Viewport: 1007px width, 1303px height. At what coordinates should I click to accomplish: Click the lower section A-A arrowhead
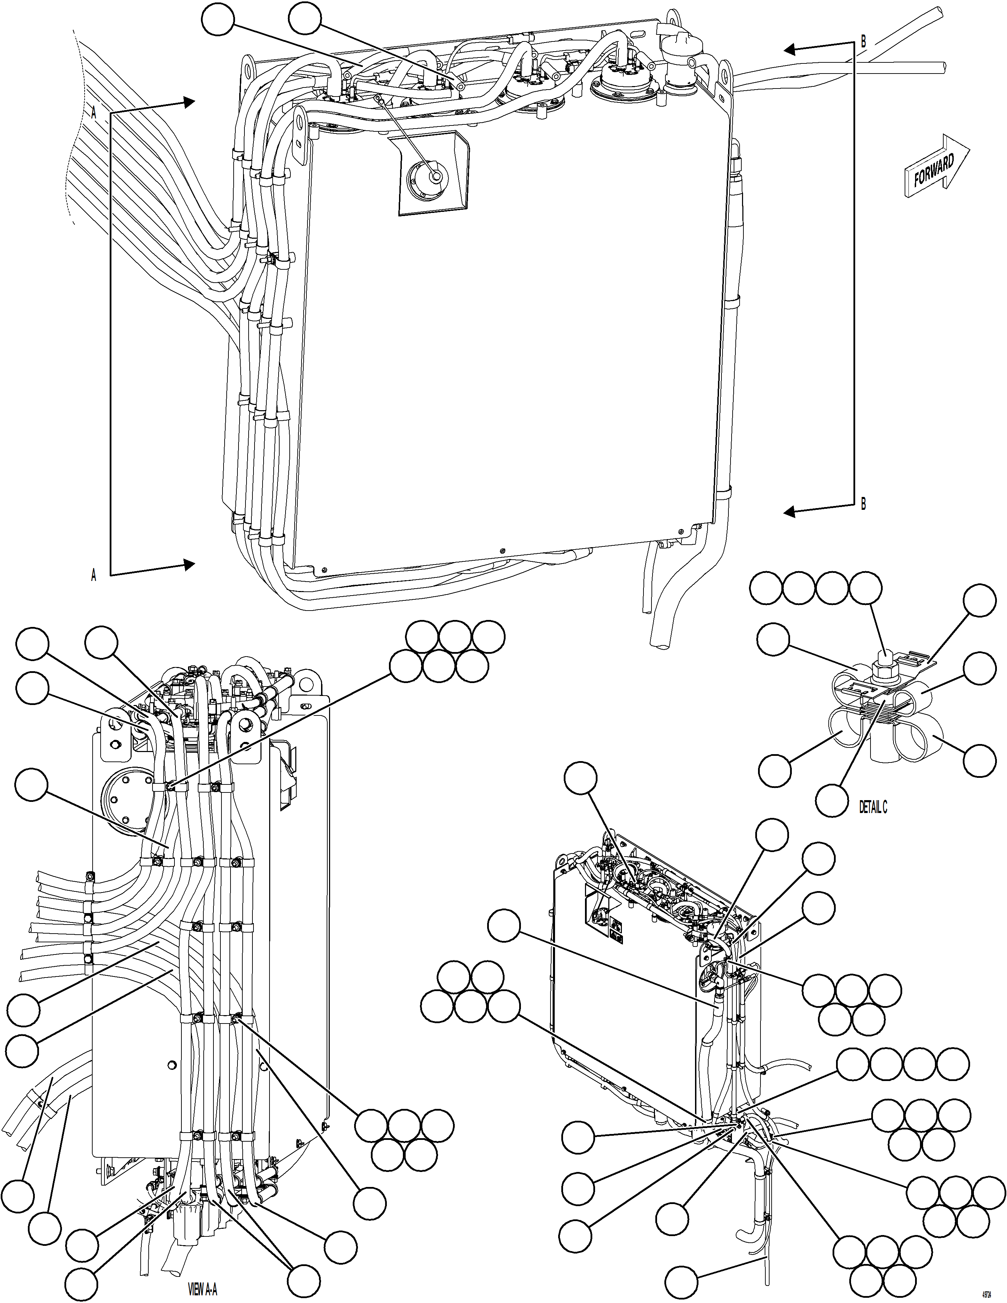tap(189, 565)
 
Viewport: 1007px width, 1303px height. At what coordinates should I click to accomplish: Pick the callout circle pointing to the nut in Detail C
tap(865, 589)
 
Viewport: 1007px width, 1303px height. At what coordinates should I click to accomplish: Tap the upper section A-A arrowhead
tap(189, 102)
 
